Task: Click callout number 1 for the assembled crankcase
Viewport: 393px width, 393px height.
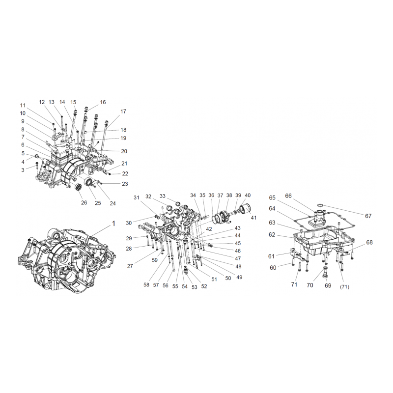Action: pyautogui.click(x=113, y=224)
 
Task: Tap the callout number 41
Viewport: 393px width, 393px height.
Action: pyautogui.click(x=253, y=218)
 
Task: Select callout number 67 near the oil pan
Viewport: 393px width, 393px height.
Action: pyautogui.click(x=368, y=216)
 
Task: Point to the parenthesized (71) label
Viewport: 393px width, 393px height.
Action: pyautogui.click(x=344, y=287)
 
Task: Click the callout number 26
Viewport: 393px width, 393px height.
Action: pyautogui.click(x=84, y=202)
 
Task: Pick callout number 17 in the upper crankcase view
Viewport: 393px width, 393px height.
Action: pyautogui.click(x=123, y=112)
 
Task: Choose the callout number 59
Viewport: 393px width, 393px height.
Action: pyautogui.click(x=155, y=260)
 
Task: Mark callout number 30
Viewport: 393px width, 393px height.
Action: pyautogui.click(x=129, y=223)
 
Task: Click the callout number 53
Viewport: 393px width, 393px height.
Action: pyautogui.click(x=194, y=287)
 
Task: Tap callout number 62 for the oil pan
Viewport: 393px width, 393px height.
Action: pyautogui.click(x=272, y=235)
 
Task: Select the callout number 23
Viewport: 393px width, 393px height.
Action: pyautogui.click(x=125, y=184)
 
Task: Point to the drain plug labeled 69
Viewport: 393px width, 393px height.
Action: pyautogui.click(x=325, y=273)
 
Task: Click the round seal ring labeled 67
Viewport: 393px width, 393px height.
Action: pyautogui.click(x=320, y=206)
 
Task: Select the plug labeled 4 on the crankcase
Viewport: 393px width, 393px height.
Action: pyautogui.click(x=36, y=157)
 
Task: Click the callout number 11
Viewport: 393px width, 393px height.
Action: pyautogui.click(x=23, y=105)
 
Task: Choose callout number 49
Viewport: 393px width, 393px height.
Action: pyautogui.click(x=239, y=277)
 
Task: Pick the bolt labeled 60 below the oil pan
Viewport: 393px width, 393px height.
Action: pyautogui.click(x=293, y=261)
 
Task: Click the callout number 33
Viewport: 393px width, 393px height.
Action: pyautogui.click(x=163, y=196)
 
